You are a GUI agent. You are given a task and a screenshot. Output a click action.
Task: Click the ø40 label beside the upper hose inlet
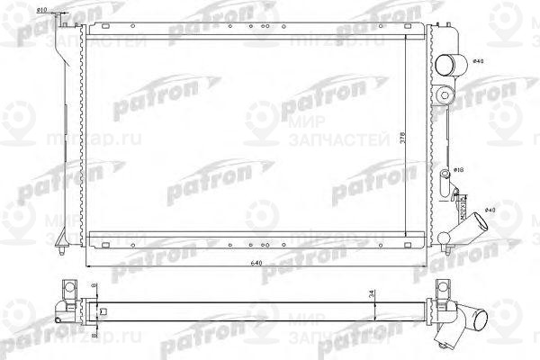pyautogui.click(x=479, y=61)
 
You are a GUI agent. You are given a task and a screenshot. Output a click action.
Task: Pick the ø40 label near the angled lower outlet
pyautogui.click(x=490, y=210)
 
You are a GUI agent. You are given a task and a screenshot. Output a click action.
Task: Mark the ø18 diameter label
pyautogui.click(x=458, y=169)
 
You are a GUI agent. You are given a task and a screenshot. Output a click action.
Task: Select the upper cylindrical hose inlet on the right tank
pyautogui.click(x=449, y=63)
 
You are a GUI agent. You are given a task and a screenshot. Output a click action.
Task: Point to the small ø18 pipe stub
pyautogui.click(x=446, y=171)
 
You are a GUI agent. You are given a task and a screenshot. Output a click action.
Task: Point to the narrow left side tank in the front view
pyautogui.click(x=65, y=126)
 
